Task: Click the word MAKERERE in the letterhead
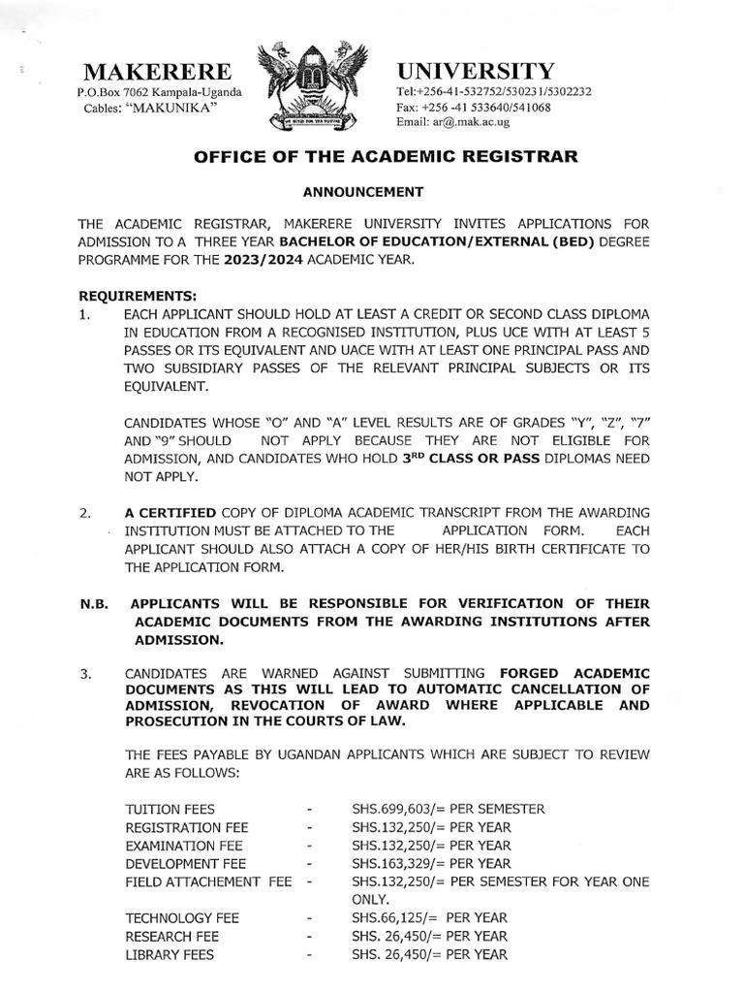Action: (158, 72)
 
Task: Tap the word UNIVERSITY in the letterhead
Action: (476, 71)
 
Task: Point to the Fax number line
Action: (473, 108)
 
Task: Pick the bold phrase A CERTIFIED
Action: (170, 513)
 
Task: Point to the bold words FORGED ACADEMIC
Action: (574, 673)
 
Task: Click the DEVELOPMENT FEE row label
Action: (186, 863)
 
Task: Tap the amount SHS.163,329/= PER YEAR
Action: (431, 863)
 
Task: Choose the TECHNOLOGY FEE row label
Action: (182, 917)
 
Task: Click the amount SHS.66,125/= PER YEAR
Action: (429, 917)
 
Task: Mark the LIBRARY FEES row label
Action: (170, 955)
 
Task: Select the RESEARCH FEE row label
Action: (172, 937)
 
